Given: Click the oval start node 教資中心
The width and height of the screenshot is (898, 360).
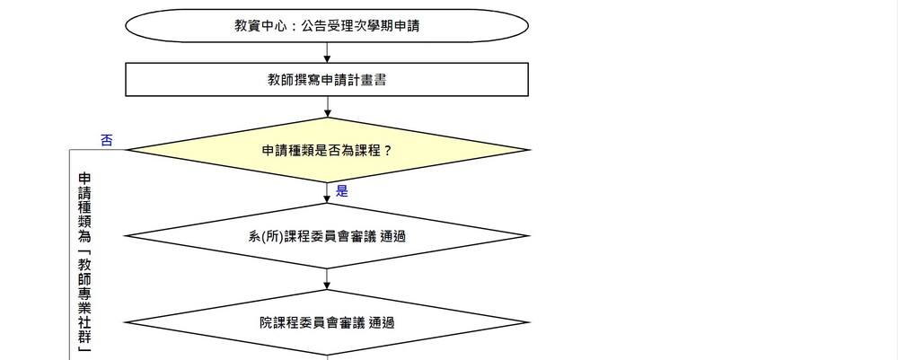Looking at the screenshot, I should click(327, 26).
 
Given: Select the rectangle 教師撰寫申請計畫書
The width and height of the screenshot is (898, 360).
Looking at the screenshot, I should click(327, 80).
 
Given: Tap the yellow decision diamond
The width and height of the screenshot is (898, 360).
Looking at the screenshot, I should click(327, 150).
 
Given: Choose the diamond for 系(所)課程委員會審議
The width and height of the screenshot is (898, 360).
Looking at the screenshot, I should click(327, 236).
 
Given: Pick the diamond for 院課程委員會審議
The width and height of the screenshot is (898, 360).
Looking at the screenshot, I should click(327, 322).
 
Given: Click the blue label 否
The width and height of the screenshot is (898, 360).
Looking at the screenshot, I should click(107, 139).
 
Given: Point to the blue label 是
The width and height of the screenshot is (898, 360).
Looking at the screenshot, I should click(341, 191).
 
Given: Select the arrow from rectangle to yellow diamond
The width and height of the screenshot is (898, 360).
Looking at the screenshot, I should click(327, 108).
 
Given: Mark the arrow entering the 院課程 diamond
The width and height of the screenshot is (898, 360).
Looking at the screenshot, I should click(327, 280).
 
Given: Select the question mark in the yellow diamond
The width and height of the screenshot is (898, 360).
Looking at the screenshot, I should click(388, 150).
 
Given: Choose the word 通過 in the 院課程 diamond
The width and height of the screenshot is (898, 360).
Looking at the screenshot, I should click(382, 322).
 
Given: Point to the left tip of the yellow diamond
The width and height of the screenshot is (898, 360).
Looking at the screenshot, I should click(127, 150).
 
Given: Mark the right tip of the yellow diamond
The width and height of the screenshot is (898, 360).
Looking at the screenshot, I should click(528, 150).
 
